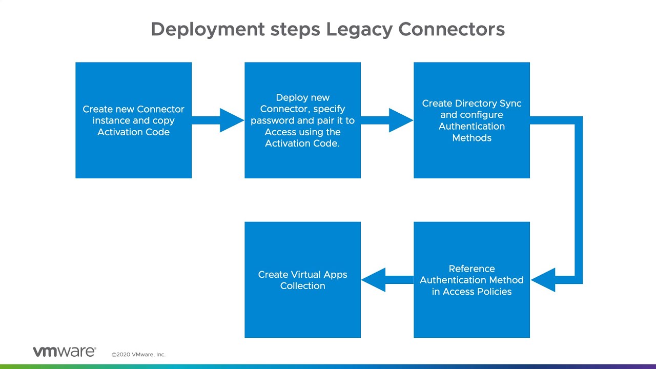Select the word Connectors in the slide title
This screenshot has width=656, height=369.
pyautogui.click(x=452, y=29)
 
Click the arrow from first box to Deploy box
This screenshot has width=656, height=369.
pyautogui.click(x=218, y=120)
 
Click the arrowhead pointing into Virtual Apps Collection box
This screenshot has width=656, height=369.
pyautogui.click(x=373, y=280)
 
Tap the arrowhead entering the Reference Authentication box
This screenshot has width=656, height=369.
pyautogui.click(x=543, y=280)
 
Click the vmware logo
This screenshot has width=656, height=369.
pyautogui.click(x=64, y=352)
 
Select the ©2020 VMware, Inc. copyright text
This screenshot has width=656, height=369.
pyautogui.click(x=138, y=354)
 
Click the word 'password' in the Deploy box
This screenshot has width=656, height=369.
pyautogui.click(x=270, y=120)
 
